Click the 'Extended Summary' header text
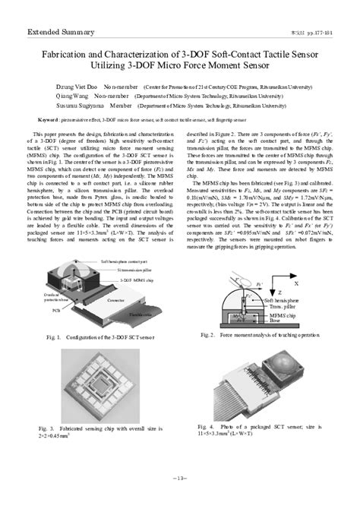(61, 33)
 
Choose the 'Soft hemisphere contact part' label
(129, 260)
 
